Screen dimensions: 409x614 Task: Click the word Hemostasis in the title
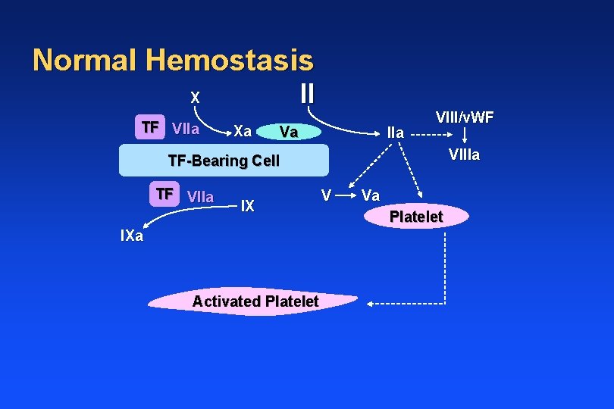click(227, 61)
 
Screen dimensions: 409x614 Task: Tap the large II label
click(306, 93)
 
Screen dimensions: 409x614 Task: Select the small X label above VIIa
click(195, 98)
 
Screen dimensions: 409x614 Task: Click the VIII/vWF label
click(465, 117)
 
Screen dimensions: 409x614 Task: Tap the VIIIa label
click(464, 156)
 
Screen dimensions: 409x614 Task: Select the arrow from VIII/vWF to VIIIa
click(465, 137)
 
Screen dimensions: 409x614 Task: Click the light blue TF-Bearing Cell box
click(224, 161)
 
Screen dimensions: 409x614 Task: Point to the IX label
click(247, 204)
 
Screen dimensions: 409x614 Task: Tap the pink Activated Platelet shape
click(253, 301)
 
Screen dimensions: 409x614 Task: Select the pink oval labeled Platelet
click(416, 217)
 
